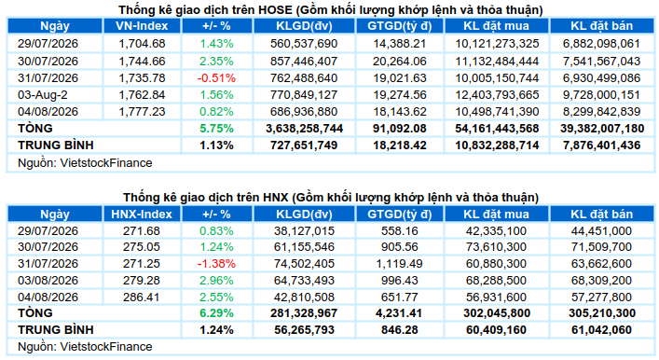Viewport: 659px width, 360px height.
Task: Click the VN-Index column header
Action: (x=142, y=26)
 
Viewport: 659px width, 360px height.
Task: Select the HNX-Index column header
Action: (x=142, y=215)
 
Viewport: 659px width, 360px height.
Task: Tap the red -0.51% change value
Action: (x=216, y=78)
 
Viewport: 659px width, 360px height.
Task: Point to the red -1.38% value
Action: (x=216, y=264)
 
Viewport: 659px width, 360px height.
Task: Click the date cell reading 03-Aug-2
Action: (x=43, y=95)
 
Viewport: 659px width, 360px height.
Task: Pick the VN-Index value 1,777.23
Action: (x=142, y=112)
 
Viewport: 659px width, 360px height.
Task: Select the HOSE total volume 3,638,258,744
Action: (x=304, y=129)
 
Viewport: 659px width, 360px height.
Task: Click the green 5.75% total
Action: (x=216, y=129)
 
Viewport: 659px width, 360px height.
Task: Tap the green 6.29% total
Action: (x=216, y=313)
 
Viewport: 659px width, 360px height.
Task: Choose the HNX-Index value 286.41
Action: (x=142, y=298)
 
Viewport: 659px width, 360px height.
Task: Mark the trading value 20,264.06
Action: (x=400, y=62)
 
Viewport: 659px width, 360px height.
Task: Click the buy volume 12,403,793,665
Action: (x=497, y=95)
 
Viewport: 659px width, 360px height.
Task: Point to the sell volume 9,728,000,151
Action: (x=601, y=95)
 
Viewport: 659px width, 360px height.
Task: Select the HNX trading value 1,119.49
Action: (x=400, y=264)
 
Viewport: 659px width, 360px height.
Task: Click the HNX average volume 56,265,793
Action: (x=304, y=330)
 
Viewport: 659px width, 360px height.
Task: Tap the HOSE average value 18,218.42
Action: (x=400, y=145)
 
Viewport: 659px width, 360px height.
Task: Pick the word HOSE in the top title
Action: (x=274, y=9)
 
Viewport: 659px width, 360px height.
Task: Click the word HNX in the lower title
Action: (x=276, y=198)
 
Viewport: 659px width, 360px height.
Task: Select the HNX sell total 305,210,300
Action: (x=602, y=313)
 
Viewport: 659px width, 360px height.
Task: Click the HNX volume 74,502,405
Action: (x=304, y=264)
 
